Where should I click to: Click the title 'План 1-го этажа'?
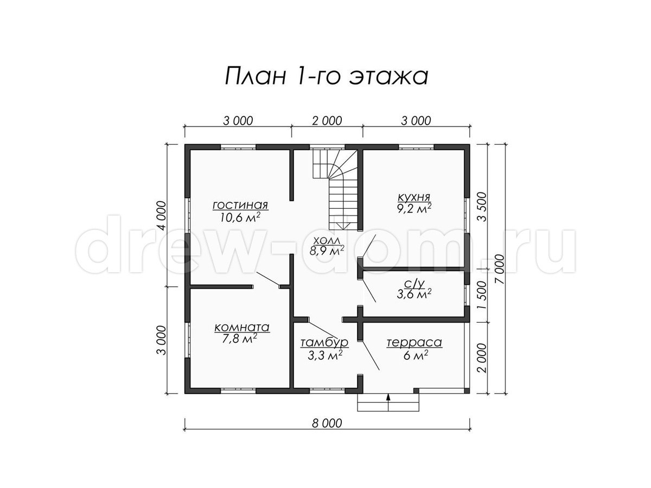(326, 76)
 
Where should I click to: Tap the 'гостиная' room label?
(240, 205)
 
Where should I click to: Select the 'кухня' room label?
(414, 197)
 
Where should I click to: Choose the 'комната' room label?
(242, 328)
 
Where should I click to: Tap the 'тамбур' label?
(324, 343)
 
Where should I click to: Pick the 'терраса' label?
(414, 343)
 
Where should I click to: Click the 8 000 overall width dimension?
(327, 423)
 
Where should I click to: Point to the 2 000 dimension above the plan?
(327, 120)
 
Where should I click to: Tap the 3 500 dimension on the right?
(482, 207)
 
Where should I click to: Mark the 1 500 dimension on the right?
(482, 295)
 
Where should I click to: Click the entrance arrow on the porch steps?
(388, 402)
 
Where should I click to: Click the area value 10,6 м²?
(240, 217)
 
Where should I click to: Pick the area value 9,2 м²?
(414, 209)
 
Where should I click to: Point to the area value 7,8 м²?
(239, 339)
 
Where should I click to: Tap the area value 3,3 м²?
(325, 355)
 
